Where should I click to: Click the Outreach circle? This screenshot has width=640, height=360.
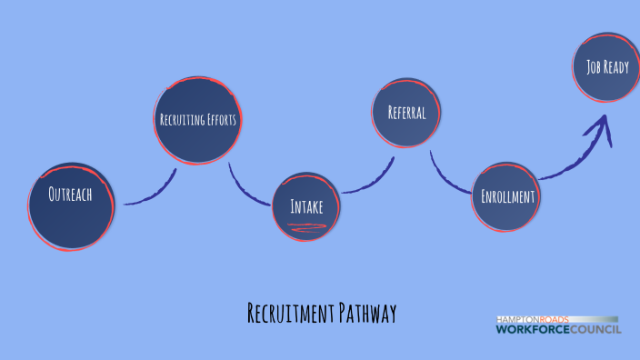tap(71, 206)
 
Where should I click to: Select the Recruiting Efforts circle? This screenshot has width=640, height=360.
tap(198, 120)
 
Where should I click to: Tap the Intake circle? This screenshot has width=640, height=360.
tap(306, 206)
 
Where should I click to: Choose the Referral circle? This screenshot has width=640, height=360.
tap(406, 113)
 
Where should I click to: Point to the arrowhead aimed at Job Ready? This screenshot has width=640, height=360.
tap(601, 127)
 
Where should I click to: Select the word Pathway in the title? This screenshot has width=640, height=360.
tap(368, 315)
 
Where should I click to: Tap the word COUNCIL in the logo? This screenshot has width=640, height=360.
tap(595, 329)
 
